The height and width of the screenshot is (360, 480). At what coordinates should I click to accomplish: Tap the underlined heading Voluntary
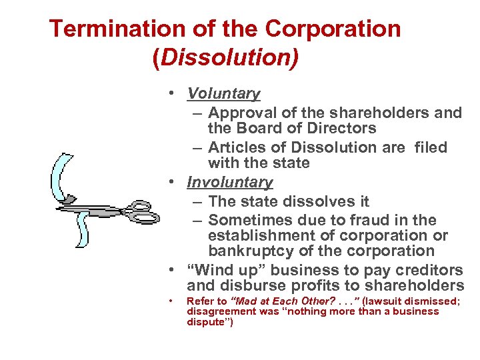click(x=223, y=94)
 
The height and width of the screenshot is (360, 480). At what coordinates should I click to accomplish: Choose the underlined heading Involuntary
click(x=230, y=182)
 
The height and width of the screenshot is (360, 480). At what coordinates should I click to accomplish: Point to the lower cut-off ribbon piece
click(x=82, y=230)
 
